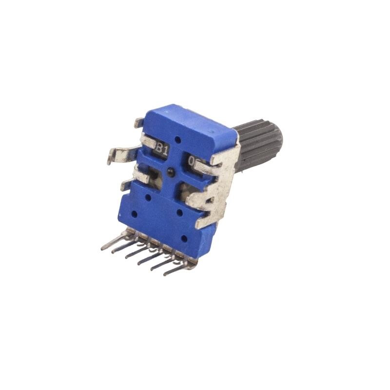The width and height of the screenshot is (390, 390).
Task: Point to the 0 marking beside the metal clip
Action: pyautogui.click(x=192, y=160)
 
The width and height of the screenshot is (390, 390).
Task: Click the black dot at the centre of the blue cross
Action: pyautogui.click(x=170, y=172)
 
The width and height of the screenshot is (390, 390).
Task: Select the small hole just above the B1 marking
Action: pyautogui.click(x=177, y=140)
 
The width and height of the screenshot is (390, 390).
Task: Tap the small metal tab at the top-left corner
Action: pyautogui.click(x=139, y=122)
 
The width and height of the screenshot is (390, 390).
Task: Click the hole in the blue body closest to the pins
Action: pyautogui.click(x=184, y=238)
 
